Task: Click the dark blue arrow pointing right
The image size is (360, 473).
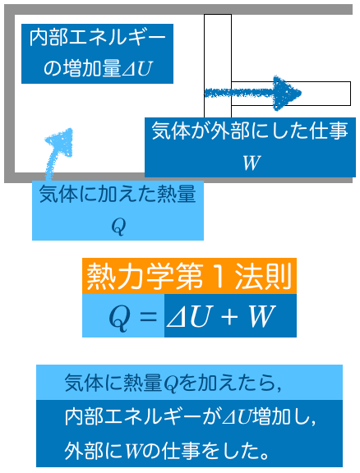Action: pyautogui.click(x=253, y=93)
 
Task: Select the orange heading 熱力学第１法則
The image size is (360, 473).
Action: pyautogui.click(x=189, y=276)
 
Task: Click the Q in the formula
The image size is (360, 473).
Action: pyautogui.click(x=120, y=318)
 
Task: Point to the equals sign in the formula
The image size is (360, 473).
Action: pyautogui.click(x=147, y=317)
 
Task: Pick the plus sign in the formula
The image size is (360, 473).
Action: pyautogui.click(x=229, y=317)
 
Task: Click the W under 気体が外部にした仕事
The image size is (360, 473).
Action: pyautogui.click(x=252, y=163)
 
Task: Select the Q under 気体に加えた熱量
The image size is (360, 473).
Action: pyautogui.click(x=118, y=227)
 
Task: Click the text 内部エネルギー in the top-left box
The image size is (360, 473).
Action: pyautogui.click(x=98, y=38)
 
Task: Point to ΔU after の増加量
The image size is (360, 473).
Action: pyautogui.click(x=136, y=69)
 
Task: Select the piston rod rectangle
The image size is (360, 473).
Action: pyautogui.click(x=291, y=94)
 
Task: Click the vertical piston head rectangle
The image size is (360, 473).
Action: pyautogui.click(x=218, y=66)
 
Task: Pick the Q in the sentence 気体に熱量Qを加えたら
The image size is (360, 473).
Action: pyautogui.click(x=170, y=383)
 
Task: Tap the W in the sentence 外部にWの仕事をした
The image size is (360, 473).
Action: pyautogui.click(x=132, y=452)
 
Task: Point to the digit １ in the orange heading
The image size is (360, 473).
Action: pyautogui.click(x=219, y=276)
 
